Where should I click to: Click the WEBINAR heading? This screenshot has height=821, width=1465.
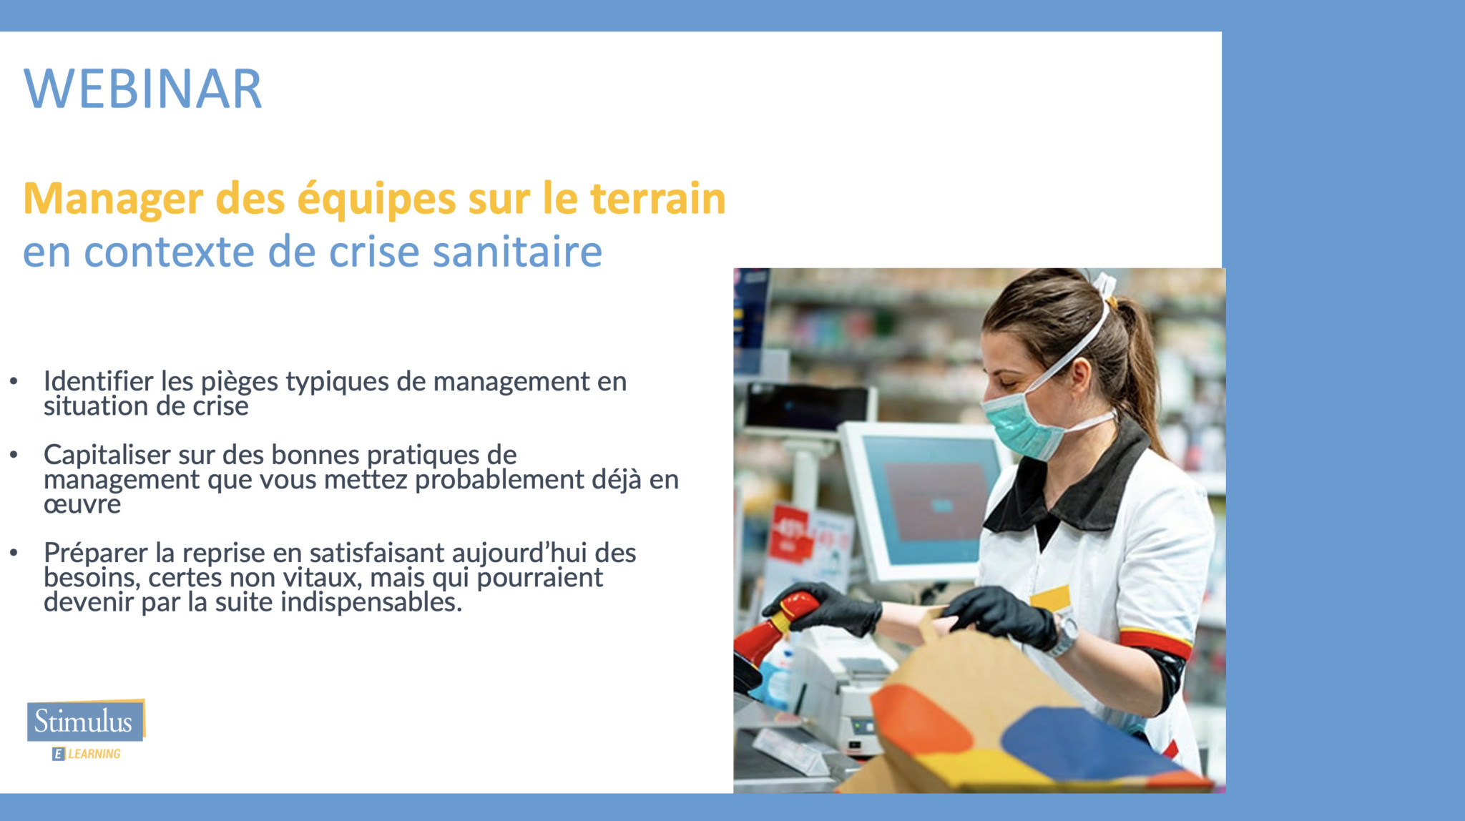(143, 89)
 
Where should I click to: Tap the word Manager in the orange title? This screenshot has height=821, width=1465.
(113, 200)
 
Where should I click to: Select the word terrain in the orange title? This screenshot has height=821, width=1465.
(657, 198)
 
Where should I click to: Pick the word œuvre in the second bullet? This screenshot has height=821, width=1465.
(82, 505)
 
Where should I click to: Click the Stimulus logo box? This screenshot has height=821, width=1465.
(86, 720)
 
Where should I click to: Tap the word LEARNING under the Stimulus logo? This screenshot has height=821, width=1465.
(94, 754)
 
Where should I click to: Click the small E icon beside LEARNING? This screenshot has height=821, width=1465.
(59, 754)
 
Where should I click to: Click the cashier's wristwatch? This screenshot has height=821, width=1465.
(1064, 634)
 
